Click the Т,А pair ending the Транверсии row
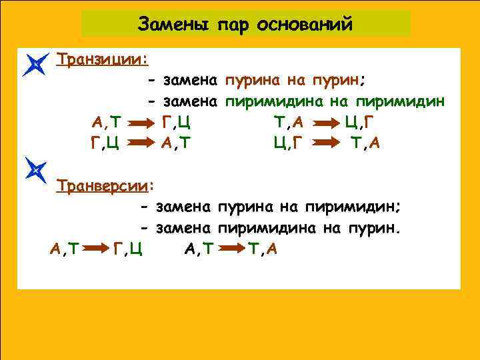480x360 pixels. (x=263, y=249)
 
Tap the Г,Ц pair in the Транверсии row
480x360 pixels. (x=127, y=249)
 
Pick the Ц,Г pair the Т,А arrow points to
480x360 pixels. (x=360, y=123)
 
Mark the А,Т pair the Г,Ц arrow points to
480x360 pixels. (x=175, y=143)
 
